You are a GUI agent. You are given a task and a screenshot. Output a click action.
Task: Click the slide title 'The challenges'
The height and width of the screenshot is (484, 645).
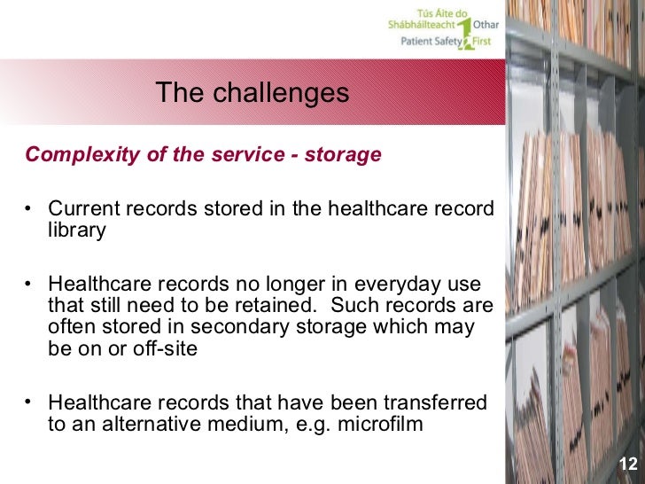pos(253,92)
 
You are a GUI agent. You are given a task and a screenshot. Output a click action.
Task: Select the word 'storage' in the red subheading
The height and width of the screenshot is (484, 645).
pos(343,155)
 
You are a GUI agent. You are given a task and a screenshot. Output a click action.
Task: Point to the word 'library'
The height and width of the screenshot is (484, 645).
pos(77,230)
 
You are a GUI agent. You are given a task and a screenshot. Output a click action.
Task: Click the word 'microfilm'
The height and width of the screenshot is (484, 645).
pos(378,423)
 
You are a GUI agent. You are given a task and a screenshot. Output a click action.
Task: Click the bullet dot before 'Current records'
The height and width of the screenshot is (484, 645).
pos(30,210)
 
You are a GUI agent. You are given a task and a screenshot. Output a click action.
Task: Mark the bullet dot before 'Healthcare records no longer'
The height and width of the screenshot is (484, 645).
pos(30,285)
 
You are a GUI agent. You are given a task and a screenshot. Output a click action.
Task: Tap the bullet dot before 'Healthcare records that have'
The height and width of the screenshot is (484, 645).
pos(30,402)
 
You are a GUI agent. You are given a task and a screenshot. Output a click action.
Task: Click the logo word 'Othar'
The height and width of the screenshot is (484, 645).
pos(486,26)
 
